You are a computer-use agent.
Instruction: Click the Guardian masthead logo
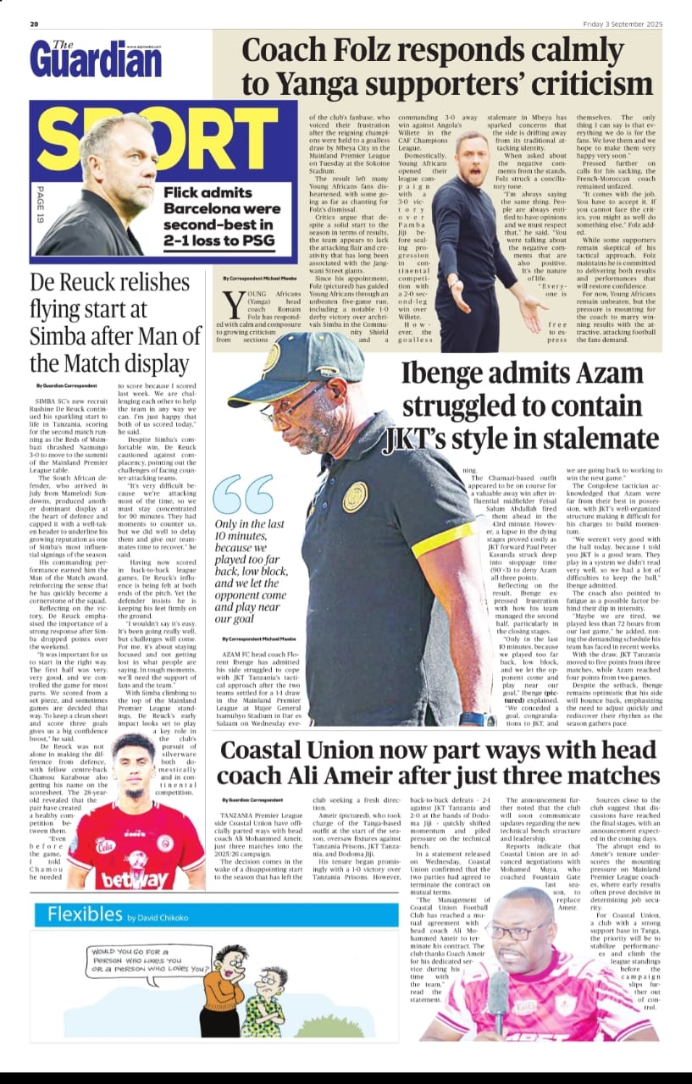click(95, 59)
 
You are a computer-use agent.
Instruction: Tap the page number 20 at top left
click(35, 24)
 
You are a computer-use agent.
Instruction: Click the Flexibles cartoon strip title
click(86, 914)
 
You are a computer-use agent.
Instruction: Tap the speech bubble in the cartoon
click(147, 960)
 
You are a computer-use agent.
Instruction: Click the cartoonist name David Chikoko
click(161, 916)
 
